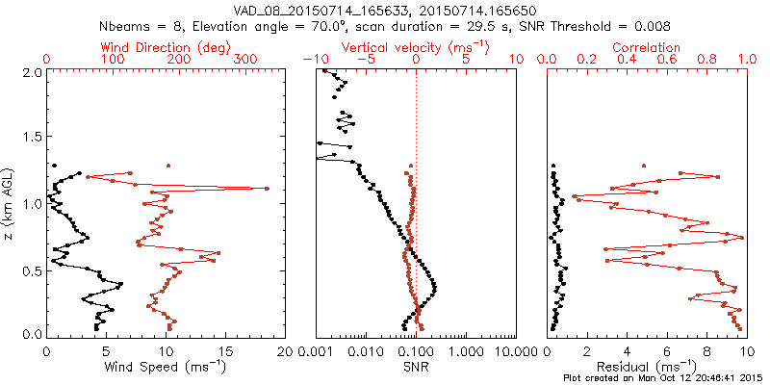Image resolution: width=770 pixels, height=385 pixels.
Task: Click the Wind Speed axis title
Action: click(165, 366)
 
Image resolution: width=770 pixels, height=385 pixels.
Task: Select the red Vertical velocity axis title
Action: click(416, 46)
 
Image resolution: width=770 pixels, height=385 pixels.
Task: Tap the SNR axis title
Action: click(416, 366)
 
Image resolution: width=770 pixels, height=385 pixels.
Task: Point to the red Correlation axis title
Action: click(647, 46)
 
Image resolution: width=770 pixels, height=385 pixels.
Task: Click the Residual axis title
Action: click(647, 366)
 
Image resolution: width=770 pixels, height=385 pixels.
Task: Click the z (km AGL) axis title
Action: click(9, 202)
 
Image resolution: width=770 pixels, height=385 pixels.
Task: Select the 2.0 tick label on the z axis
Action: click(31, 72)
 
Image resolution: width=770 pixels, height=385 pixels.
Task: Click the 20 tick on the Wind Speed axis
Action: click(284, 351)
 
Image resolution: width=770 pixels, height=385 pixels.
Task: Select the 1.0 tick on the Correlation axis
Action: click(745, 60)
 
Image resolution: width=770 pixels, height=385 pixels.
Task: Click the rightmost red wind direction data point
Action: click(267, 188)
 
